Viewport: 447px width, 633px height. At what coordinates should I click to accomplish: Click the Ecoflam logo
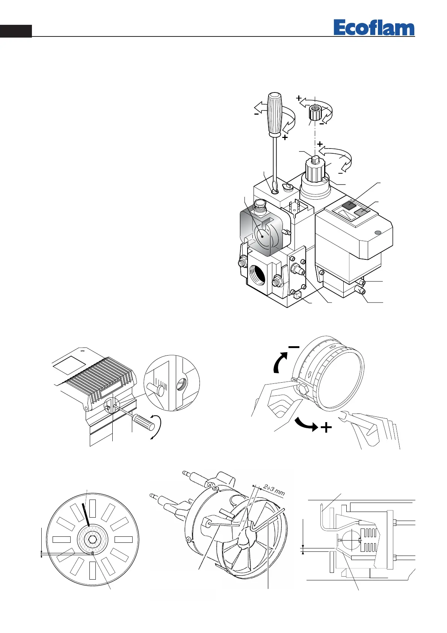coord(374,28)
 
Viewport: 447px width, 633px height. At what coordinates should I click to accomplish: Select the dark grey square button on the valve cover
coord(352,205)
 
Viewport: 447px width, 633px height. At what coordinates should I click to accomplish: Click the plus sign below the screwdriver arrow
coord(285,138)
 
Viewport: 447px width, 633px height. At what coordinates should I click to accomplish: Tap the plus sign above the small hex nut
coord(299,98)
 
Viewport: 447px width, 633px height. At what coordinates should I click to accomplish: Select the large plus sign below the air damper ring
coord(326,427)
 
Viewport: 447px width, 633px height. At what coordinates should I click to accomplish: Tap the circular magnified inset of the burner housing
coord(172,383)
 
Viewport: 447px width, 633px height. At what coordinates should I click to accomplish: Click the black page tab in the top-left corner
coord(15,31)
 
